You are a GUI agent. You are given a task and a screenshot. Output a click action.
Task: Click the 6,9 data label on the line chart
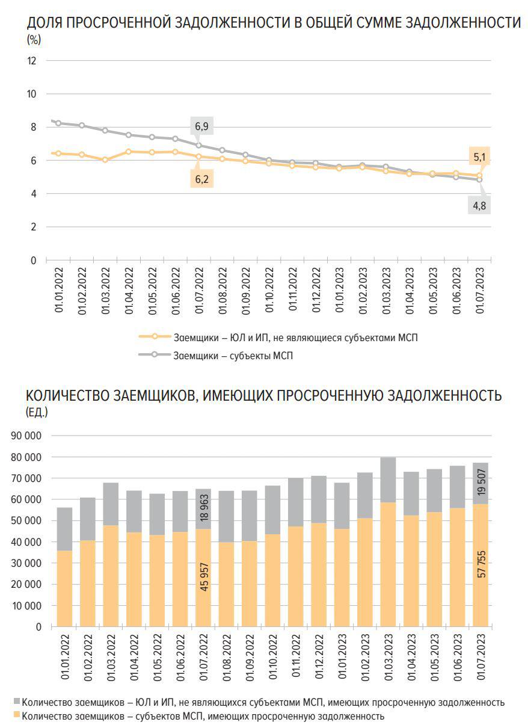[201, 127]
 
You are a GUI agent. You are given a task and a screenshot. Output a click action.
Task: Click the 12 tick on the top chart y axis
[32, 61]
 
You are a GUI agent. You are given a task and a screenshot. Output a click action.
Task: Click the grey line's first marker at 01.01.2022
[58, 123]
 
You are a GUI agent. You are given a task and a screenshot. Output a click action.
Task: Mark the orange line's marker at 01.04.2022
[129, 152]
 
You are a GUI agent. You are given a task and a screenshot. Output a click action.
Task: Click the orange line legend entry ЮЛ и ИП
[295, 338]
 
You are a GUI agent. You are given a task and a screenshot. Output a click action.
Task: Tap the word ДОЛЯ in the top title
[45, 23]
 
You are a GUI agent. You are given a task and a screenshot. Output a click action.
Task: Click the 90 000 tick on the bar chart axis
[27, 436]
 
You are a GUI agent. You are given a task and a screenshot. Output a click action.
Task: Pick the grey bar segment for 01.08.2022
[226, 516]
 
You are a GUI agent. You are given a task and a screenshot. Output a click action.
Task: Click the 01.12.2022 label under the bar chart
[319, 659]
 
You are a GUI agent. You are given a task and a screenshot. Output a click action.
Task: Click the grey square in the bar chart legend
[17, 702]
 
